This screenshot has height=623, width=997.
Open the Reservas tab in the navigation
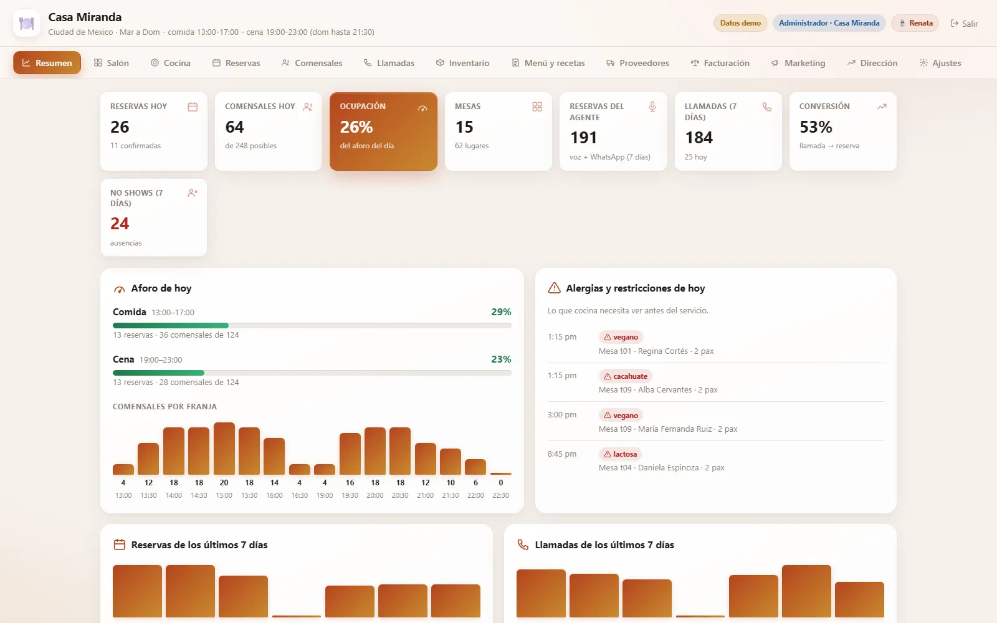click(236, 63)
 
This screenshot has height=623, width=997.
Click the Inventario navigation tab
click(463, 63)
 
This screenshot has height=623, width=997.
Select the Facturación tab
click(720, 63)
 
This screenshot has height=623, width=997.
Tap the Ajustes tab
click(940, 63)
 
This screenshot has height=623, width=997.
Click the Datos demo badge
click(740, 22)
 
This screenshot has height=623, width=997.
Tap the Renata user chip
click(915, 22)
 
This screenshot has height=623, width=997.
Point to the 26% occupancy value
click(356, 127)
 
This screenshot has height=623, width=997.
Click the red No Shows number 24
click(120, 224)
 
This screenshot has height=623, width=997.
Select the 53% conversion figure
click(816, 127)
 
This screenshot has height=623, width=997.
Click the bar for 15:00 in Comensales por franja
click(224, 449)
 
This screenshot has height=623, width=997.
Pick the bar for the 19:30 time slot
click(350, 454)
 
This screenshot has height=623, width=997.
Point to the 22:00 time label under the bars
click(475, 495)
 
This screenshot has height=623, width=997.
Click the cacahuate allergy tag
click(626, 376)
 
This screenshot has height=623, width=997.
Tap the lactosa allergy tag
click(620, 454)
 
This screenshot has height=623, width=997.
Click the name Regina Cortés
click(663, 351)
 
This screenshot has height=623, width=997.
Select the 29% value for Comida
click(501, 312)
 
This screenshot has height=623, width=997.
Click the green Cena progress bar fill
click(158, 373)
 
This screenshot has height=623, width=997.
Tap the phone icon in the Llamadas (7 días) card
click(766, 107)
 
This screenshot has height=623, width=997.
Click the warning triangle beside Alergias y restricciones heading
click(554, 288)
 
